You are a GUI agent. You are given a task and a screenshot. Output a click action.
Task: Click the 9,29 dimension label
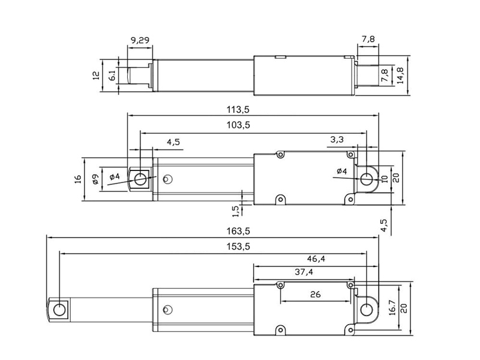tap(140, 40)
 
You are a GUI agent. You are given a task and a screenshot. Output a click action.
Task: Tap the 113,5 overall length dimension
tap(238, 109)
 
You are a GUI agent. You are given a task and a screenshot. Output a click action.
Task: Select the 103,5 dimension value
tap(238, 125)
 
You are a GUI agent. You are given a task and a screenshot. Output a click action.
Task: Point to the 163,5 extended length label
tap(238, 231)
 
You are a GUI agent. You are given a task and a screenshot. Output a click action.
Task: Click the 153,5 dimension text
tap(238, 247)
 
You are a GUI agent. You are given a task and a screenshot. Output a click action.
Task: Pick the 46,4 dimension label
tap(316, 259)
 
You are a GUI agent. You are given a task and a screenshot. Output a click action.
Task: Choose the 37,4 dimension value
tap(304, 272)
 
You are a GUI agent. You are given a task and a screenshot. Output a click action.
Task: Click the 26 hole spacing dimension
tap(316, 295)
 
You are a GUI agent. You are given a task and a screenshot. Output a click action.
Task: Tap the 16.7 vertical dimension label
tap(392, 307)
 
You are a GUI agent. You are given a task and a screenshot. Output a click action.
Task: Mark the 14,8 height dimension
tap(400, 75)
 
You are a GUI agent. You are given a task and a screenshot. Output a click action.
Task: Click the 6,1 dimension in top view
tap(113, 76)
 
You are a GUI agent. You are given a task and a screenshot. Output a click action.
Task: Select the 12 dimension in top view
tap(96, 76)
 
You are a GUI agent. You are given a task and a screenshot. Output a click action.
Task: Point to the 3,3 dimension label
tap(337, 140)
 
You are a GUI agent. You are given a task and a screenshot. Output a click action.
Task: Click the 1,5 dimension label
tap(235, 211)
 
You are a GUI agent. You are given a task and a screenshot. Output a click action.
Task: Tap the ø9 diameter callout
tap(95, 179)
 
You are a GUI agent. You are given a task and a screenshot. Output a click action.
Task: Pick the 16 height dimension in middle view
tap(78, 179)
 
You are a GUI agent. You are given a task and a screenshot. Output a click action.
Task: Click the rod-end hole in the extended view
tap(59, 310)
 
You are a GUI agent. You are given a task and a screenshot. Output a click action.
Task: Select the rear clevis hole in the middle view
tap(366, 179)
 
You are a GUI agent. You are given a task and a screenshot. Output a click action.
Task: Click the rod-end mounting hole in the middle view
tap(140, 179)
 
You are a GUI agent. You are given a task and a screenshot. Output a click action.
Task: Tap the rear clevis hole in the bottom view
tap(366, 310)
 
